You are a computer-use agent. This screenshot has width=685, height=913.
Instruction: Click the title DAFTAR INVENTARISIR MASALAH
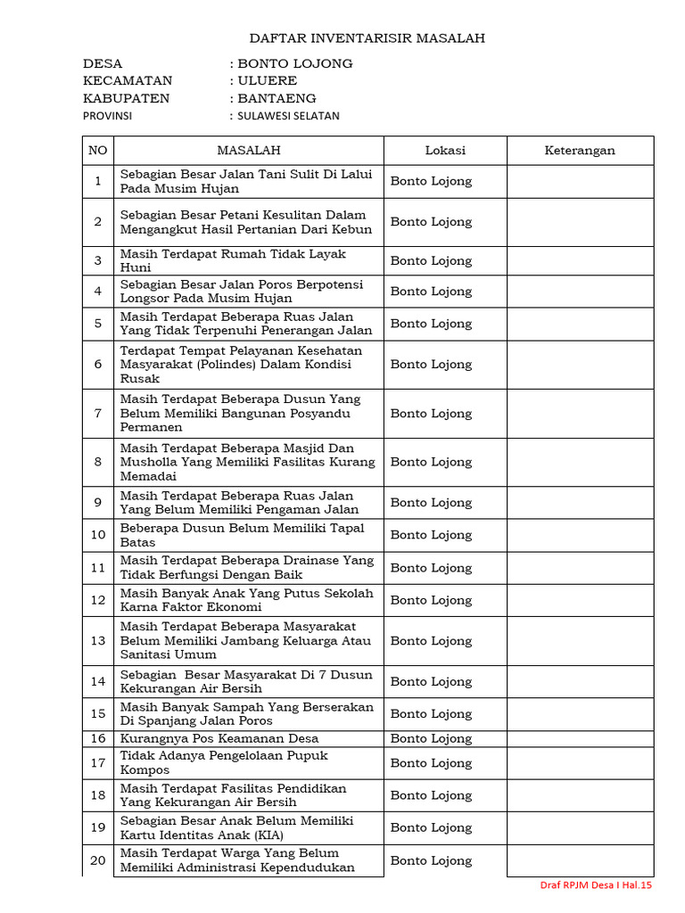pos(367,38)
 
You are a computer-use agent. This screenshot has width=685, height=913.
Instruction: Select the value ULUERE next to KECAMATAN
pos(267,81)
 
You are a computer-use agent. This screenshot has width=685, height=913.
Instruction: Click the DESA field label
pos(103,63)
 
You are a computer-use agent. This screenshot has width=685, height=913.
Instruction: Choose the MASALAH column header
pos(249,151)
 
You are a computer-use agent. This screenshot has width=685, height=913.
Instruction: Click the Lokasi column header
pos(445,151)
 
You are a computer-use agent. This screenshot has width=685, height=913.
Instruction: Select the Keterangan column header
pos(580,151)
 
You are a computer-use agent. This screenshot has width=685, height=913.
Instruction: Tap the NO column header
pos(97,151)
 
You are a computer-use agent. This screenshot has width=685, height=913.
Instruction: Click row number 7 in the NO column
pos(98,414)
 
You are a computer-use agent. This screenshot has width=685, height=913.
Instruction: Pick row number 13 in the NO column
pos(98,640)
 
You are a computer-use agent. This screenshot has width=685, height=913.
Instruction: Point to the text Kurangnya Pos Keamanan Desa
pos(219,738)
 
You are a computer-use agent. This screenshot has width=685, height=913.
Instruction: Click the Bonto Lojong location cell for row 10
pos(431,535)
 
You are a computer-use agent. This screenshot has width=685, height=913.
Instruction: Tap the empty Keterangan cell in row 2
pos(580,222)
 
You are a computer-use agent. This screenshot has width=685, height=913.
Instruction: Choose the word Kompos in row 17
pos(144,770)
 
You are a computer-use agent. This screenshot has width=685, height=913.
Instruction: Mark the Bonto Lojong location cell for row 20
pos(431,860)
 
